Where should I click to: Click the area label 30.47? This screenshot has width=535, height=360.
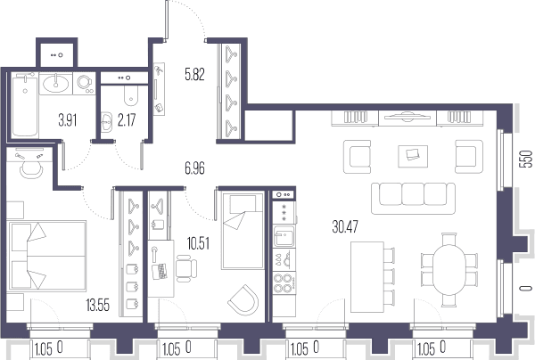345,226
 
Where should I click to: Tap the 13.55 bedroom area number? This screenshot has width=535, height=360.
98,305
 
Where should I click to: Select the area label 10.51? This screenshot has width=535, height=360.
198,244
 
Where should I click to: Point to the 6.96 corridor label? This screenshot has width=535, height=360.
194,168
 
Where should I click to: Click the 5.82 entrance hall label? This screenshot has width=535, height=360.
194,74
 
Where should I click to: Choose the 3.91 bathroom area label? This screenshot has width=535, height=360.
67,120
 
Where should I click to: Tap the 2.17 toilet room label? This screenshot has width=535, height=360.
127,120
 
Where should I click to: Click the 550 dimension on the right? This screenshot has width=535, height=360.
526,159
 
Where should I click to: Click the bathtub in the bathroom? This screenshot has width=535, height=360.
25,106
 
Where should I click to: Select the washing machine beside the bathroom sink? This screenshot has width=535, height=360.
85,83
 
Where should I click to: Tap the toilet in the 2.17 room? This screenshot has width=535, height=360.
131,95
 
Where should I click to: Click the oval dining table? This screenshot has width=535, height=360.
449,270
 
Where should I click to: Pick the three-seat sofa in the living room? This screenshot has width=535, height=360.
413,199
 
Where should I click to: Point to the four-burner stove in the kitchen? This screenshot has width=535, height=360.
284,282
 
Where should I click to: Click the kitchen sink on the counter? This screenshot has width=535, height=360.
284,235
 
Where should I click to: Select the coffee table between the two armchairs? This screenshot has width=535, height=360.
413,156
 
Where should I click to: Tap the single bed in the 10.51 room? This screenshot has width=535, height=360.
243,231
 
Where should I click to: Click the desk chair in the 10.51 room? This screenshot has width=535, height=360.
186,268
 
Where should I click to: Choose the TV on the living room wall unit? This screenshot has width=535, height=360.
407,117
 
